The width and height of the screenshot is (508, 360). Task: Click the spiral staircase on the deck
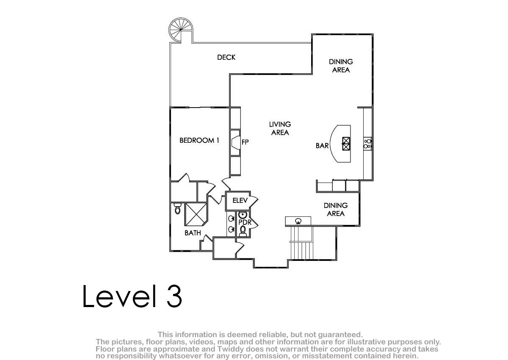pyautogui.click(x=181, y=30)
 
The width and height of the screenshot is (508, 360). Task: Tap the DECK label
pyautogui.click(x=226, y=58)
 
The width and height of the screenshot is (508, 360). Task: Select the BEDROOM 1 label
pyautogui.click(x=199, y=141)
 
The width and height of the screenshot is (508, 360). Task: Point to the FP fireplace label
pyautogui.click(x=245, y=142)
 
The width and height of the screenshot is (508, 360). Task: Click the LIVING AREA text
pyautogui.click(x=280, y=128)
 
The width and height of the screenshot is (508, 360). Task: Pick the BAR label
pyautogui.click(x=322, y=146)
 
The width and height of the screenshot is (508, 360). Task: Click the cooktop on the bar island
pyautogui.click(x=346, y=144)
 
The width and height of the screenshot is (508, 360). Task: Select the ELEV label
pyautogui.click(x=240, y=200)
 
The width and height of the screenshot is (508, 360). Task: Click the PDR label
pyautogui.click(x=245, y=222)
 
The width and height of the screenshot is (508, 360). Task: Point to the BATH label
pyautogui.click(x=193, y=233)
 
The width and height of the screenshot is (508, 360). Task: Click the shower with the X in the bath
pyautogui.click(x=196, y=214)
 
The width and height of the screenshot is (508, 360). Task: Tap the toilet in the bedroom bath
pyautogui.click(x=177, y=208)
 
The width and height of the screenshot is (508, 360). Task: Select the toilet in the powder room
pyautogui.click(x=243, y=231)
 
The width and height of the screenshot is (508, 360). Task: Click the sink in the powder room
pyautogui.click(x=243, y=214)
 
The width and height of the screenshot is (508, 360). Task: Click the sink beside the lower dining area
pyautogui.click(x=298, y=221)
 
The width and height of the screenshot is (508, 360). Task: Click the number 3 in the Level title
pyautogui.click(x=174, y=296)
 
